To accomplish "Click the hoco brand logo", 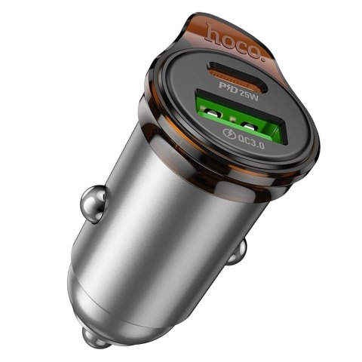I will (x=238, y=38).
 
